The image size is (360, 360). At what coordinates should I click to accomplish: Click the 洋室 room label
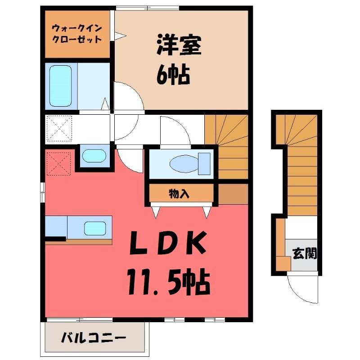click(179, 45)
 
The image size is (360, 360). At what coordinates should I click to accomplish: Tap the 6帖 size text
click(173, 75)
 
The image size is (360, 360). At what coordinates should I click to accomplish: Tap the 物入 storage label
click(179, 194)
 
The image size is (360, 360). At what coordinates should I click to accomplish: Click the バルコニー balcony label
click(94, 338)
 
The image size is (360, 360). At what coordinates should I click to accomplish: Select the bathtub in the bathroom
click(61, 86)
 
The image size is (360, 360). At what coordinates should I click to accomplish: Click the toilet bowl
click(184, 164)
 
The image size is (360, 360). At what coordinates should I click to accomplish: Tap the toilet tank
click(204, 164)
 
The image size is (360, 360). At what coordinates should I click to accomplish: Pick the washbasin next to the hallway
click(94, 156)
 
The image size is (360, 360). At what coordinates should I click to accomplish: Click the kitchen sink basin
click(95, 228)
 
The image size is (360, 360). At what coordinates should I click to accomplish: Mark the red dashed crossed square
click(58, 164)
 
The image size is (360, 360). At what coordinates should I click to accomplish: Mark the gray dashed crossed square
click(59, 128)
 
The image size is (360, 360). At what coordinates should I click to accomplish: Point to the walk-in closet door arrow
click(120, 36)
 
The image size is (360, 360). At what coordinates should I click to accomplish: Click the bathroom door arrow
click(105, 104)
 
